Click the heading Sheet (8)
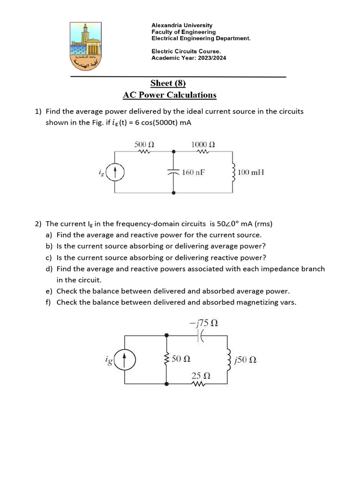(x=168, y=83)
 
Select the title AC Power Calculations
(x=169, y=95)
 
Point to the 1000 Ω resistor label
(x=203, y=144)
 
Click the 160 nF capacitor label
(x=194, y=172)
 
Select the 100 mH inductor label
(x=251, y=172)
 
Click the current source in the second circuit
(x=125, y=360)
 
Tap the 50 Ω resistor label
(x=181, y=360)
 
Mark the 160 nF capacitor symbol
(x=174, y=172)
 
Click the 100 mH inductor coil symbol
(x=233, y=172)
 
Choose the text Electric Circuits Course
(x=186, y=52)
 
